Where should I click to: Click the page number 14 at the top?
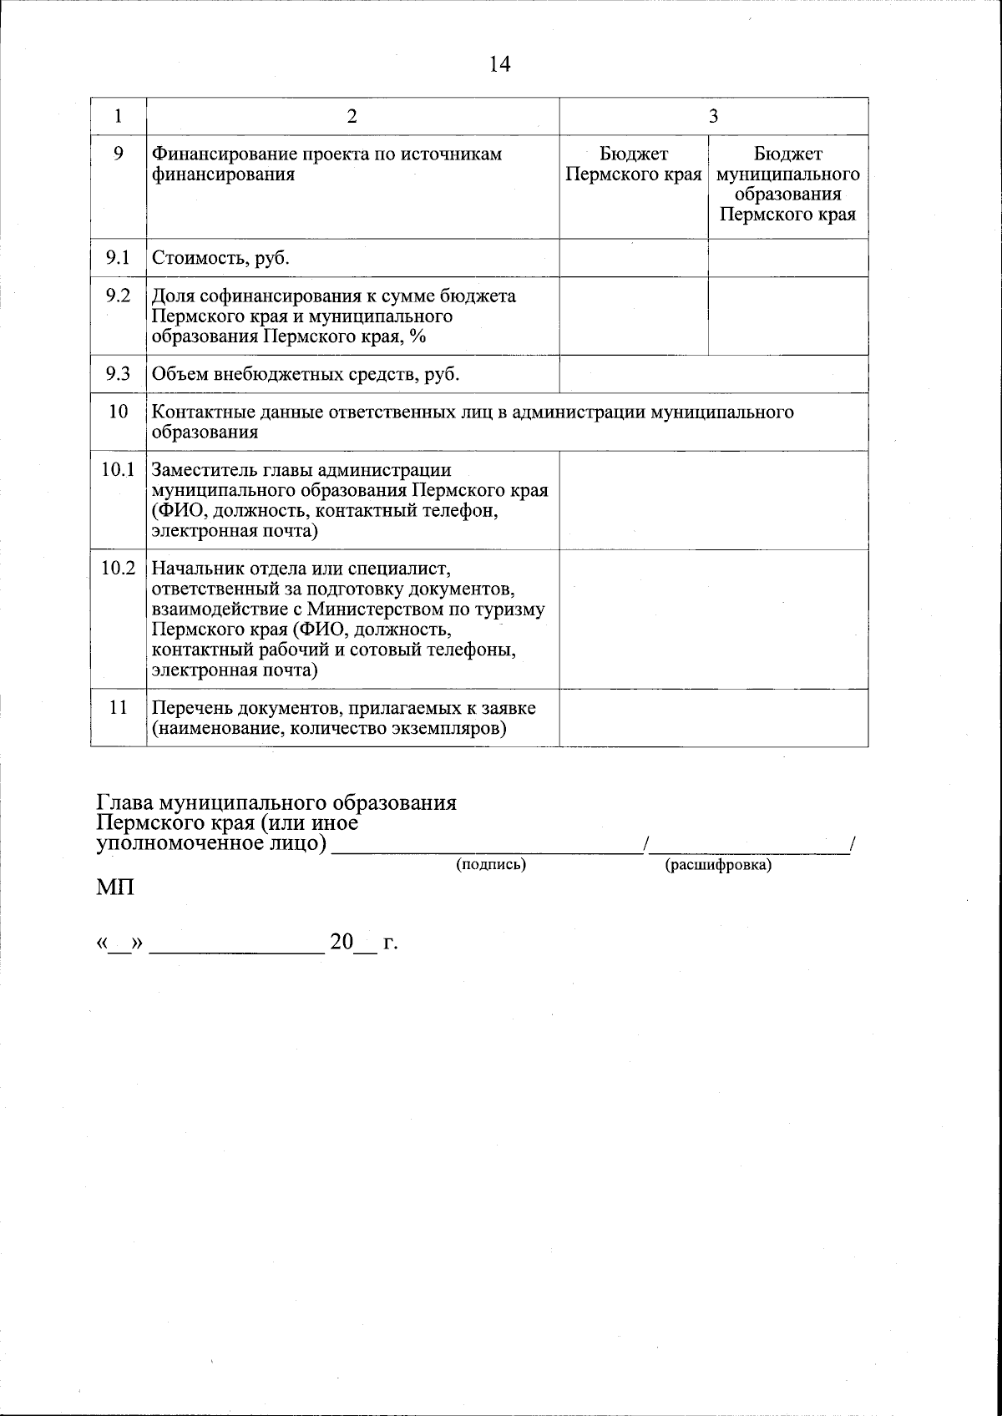click(499, 64)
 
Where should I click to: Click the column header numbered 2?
click(352, 117)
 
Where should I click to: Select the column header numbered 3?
click(713, 117)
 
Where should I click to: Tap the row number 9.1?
click(118, 257)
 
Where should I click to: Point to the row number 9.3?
click(118, 374)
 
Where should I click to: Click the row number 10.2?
click(118, 569)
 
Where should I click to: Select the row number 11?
click(118, 707)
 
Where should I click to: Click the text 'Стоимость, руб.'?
click(220, 258)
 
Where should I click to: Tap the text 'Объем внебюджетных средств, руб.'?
click(306, 375)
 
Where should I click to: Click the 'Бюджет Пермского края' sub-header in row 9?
click(633, 164)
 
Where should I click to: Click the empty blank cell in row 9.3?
click(713, 374)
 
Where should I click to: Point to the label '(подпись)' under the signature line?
click(490, 865)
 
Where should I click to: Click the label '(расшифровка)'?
click(717, 866)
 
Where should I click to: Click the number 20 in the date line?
click(342, 943)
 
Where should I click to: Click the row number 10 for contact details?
click(118, 412)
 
